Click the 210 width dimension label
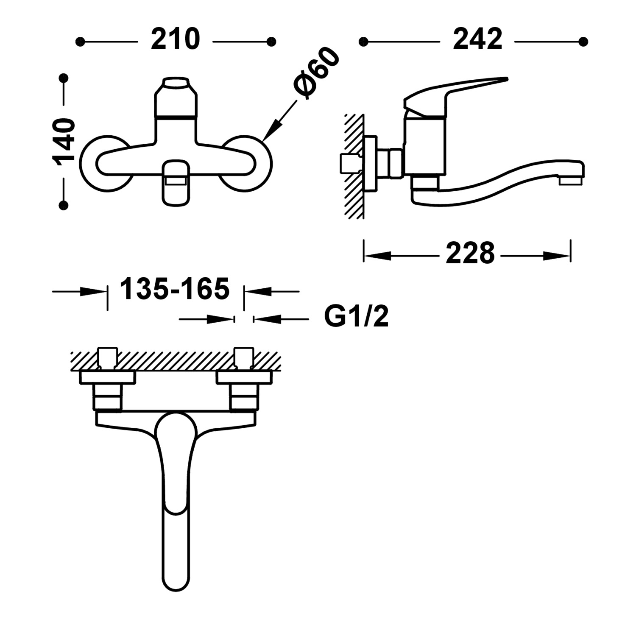coord(175,39)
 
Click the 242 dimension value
coord(477,39)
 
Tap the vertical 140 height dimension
coord(64,142)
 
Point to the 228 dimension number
coord(470,254)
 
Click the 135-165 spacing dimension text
coord(175,289)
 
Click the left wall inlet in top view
coord(107,357)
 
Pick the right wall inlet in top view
coord(244,357)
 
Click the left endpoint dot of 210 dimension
coord(80,42)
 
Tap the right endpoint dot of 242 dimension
coord(583,42)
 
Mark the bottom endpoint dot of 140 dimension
coord(64,206)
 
